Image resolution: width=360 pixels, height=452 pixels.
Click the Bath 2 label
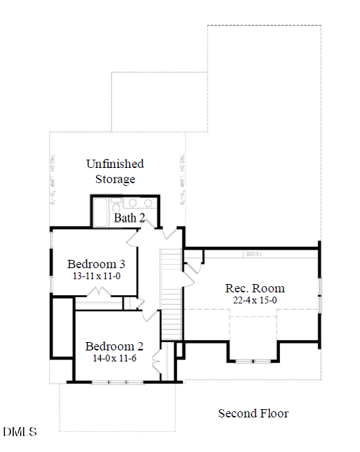(129, 218)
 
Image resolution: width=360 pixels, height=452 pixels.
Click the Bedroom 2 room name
(114, 346)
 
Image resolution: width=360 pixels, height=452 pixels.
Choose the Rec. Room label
(255, 288)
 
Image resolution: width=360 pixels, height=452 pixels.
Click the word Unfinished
(115, 164)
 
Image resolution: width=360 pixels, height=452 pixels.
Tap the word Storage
(115, 179)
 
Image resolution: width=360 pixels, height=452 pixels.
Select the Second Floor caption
(253, 413)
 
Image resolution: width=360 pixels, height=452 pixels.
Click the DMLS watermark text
(20, 433)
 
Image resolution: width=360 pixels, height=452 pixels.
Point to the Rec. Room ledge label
(252, 254)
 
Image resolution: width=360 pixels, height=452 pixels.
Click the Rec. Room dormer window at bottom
(253, 361)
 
